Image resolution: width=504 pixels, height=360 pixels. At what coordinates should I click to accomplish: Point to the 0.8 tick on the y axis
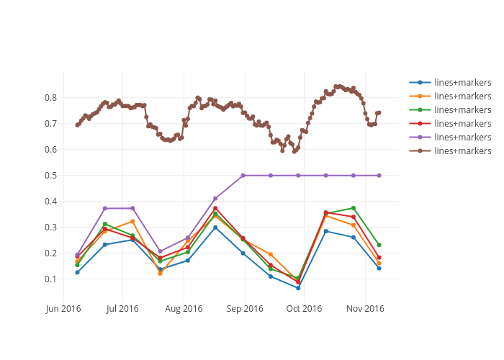tap(50, 98)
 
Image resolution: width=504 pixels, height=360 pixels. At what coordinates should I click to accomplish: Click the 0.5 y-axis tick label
tap(50, 176)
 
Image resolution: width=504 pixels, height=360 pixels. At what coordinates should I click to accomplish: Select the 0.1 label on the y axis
tap(50, 279)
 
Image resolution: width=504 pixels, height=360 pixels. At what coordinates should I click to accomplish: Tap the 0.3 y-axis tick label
tap(50, 228)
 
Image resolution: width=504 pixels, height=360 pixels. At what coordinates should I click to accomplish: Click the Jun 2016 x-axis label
tap(63, 309)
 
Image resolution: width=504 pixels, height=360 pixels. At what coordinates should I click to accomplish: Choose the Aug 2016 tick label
tap(184, 309)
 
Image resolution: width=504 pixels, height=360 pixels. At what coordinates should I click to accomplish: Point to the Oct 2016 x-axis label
tap(304, 309)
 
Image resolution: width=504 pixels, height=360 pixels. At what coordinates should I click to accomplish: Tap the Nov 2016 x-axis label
tap(365, 309)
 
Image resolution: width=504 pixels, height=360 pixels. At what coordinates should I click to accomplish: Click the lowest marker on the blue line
tap(298, 288)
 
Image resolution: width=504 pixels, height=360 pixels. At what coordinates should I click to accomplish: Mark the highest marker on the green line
tap(354, 208)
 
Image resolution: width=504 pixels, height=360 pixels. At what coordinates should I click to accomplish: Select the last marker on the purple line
tap(379, 176)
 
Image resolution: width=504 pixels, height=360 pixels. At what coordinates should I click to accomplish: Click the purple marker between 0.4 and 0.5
tap(215, 198)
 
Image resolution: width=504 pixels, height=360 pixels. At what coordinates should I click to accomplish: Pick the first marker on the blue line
tap(77, 272)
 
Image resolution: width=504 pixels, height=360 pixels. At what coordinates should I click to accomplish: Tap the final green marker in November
tap(379, 245)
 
